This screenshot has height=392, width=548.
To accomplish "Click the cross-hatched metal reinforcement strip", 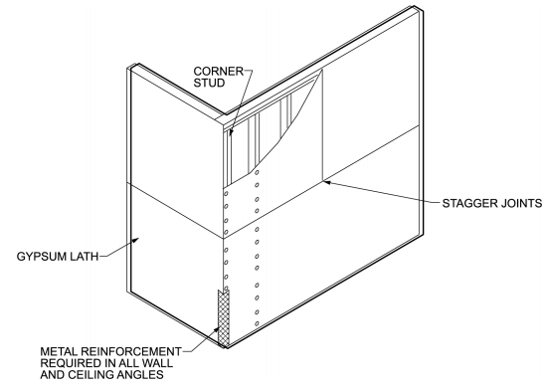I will pyautogui.click(x=223, y=319).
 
